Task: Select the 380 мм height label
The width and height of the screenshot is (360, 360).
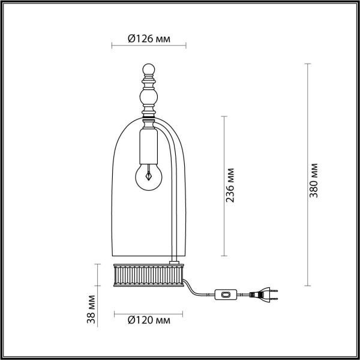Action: tap(319, 180)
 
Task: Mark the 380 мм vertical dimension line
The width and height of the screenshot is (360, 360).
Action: tap(308, 174)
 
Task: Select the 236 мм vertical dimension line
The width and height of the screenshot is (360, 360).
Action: tap(224, 185)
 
